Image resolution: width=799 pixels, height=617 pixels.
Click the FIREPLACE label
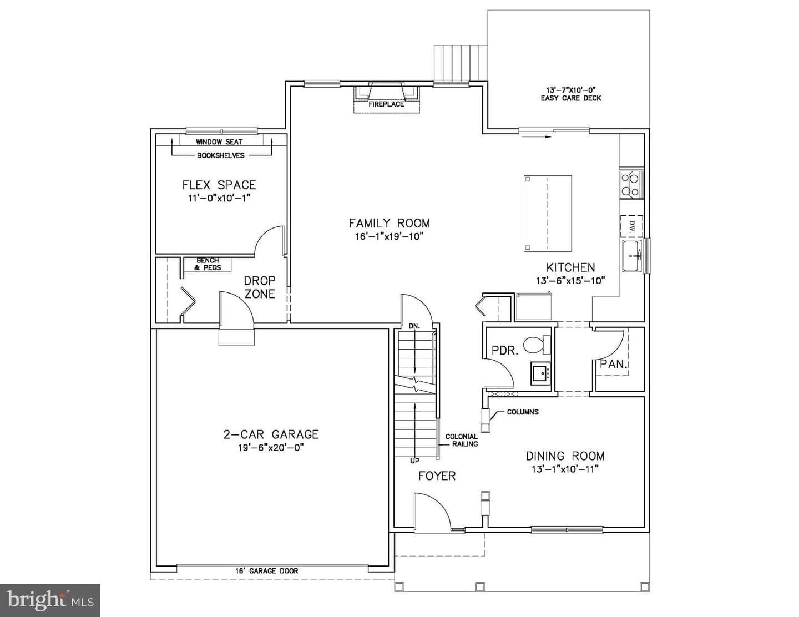click(x=386, y=104)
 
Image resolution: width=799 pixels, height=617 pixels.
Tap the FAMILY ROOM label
click(x=389, y=223)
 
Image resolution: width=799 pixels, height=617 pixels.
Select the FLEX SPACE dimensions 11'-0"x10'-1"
click(x=219, y=198)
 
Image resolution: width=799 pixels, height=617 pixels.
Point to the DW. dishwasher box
click(x=631, y=226)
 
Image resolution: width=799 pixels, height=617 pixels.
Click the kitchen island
click(x=548, y=213)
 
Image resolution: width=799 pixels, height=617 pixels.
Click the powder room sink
click(x=540, y=373)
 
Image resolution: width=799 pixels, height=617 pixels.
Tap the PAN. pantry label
click(x=613, y=365)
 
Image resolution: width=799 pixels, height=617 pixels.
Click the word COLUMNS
click(x=523, y=412)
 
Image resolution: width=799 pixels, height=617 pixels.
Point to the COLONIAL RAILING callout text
click(x=462, y=440)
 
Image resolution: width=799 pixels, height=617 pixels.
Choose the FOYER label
click(x=437, y=476)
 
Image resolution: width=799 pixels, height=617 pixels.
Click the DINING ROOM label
click(x=565, y=456)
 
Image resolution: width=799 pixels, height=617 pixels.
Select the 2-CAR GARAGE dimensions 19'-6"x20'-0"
click(x=271, y=448)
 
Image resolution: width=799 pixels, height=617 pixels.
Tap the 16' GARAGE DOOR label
click(x=267, y=571)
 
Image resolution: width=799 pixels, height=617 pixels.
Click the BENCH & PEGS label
click(x=208, y=264)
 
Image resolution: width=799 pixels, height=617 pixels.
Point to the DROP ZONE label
click(x=260, y=287)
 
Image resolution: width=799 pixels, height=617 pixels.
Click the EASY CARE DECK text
click(x=571, y=98)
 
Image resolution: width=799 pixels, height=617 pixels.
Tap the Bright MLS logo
click(x=50, y=600)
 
